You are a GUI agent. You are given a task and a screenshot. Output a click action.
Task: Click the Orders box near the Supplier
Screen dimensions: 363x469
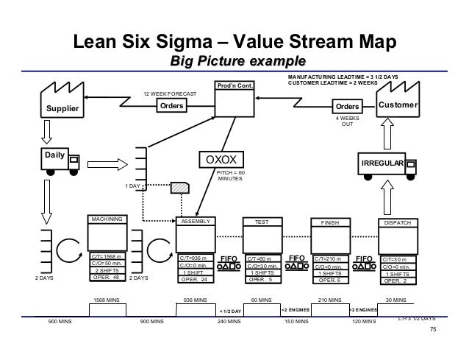coord(170,106)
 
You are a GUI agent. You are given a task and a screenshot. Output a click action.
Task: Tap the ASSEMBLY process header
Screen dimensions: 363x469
coord(196,220)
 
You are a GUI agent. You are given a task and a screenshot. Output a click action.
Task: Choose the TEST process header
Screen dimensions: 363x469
coord(262,220)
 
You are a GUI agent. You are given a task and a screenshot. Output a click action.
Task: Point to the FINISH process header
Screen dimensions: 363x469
coord(329,220)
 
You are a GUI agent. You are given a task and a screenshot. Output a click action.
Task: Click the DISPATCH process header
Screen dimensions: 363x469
coord(397,220)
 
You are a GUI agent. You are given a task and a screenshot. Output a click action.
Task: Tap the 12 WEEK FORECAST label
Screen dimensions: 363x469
coord(169,95)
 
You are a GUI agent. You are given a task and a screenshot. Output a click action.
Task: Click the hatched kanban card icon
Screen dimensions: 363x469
coord(179,187)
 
